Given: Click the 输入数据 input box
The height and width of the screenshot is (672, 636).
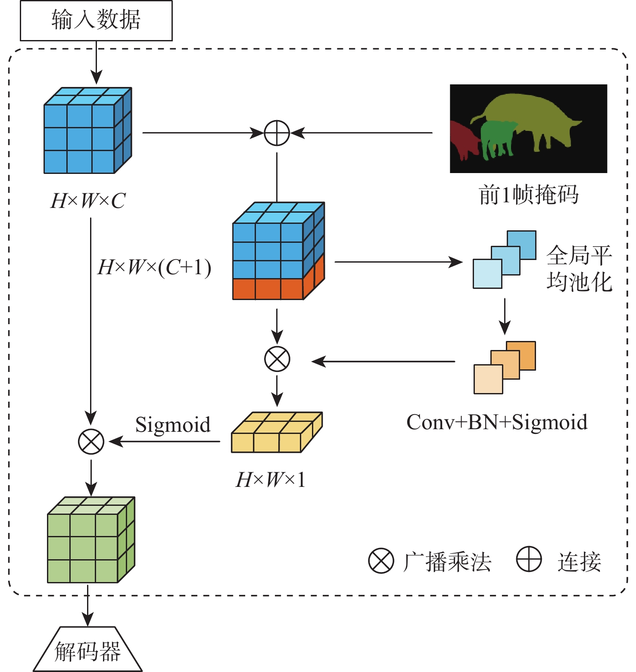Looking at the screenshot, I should pos(96,20).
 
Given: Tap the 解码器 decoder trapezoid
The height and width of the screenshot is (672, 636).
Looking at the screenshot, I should pos(88,650).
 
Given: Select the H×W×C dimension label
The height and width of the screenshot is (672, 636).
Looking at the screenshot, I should pos(88,201).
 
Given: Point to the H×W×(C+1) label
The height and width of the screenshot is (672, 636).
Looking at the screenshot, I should pos(154,267).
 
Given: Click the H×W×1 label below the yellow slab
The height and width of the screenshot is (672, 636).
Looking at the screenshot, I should pos(271,480).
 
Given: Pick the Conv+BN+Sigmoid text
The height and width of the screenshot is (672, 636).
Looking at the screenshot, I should pos(496,422).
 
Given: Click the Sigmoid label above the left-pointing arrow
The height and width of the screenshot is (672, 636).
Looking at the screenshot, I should pos(173,425).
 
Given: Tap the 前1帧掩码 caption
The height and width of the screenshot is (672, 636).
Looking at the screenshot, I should pos(528,195).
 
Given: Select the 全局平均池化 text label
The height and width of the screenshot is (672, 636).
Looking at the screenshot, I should pos(579,269).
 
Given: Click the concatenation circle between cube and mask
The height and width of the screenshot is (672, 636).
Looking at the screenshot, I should pos(277,133).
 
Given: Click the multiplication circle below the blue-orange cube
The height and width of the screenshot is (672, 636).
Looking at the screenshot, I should pos(277,359).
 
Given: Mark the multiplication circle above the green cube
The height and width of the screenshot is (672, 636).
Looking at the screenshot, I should pos(91,442).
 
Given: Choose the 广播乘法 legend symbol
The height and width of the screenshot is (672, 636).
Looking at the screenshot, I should pos(381,561).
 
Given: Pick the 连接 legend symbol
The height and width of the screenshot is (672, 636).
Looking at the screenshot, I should pos(529,559).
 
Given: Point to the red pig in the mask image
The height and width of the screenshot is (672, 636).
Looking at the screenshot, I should pos(463,138).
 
